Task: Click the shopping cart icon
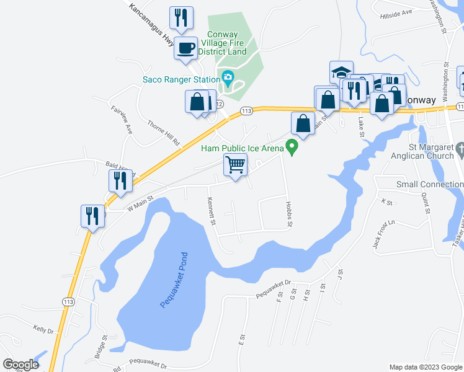pos(235,165)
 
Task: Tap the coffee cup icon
pos(185,47)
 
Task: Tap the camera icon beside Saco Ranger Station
pos(228,79)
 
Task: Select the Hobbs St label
pos(288,214)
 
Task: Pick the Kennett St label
pos(212,211)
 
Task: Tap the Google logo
pos(20,364)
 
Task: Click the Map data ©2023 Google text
pos(425,367)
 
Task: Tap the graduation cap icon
pos(341,72)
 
